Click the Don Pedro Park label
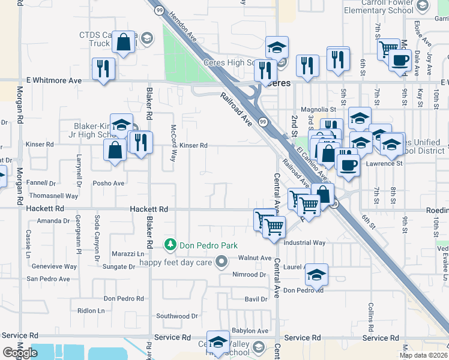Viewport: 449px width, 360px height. click(209, 245)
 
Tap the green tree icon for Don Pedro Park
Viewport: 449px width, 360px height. click(171, 245)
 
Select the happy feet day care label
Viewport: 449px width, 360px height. click(176, 262)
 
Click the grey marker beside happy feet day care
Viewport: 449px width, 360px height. click(221, 261)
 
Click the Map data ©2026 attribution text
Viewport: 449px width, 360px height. click(423, 355)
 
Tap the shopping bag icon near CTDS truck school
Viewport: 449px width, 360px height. click(123, 42)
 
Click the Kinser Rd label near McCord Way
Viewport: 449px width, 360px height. click(193, 145)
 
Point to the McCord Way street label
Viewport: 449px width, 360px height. click(173, 143)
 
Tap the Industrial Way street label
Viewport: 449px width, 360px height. click(304, 243)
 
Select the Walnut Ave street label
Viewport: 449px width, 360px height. click(255, 258)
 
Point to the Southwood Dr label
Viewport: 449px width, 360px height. click(173, 316)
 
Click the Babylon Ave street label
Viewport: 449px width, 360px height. click(250, 331)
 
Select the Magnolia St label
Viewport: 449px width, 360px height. click(318, 110)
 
